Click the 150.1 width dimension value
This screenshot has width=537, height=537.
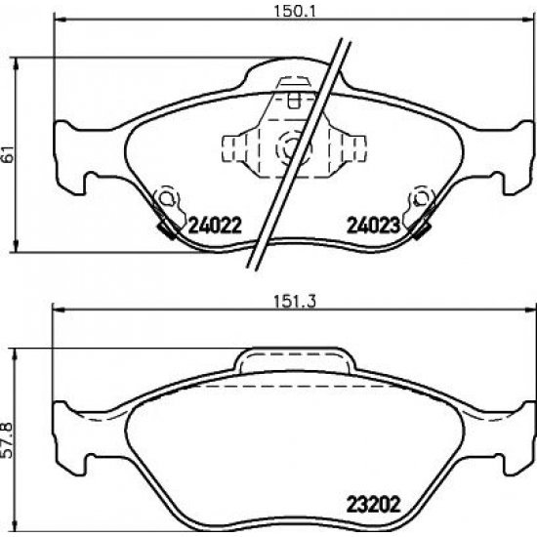[294, 12]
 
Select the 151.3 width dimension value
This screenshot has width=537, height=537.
[295, 302]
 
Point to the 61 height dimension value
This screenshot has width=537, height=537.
[8, 154]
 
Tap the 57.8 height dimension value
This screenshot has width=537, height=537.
[7, 440]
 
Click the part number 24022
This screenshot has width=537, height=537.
[215, 226]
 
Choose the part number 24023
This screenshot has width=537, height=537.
[374, 226]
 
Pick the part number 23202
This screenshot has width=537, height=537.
[374, 505]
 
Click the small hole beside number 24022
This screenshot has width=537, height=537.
[166, 198]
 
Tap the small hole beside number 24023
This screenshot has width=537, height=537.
[420, 198]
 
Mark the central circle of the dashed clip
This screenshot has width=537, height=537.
[294, 148]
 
